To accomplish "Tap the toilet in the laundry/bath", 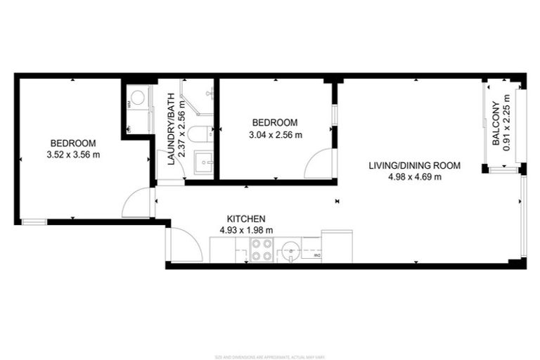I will (x=201, y=133).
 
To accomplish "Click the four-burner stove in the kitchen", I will (x=262, y=250).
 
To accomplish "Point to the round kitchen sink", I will (x=290, y=250).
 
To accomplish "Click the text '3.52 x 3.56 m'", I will (x=73, y=155).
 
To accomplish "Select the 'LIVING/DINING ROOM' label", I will (x=415, y=166).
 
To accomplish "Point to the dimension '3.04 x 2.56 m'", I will (x=274, y=135).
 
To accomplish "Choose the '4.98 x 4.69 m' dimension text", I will (x=415, y=177).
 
